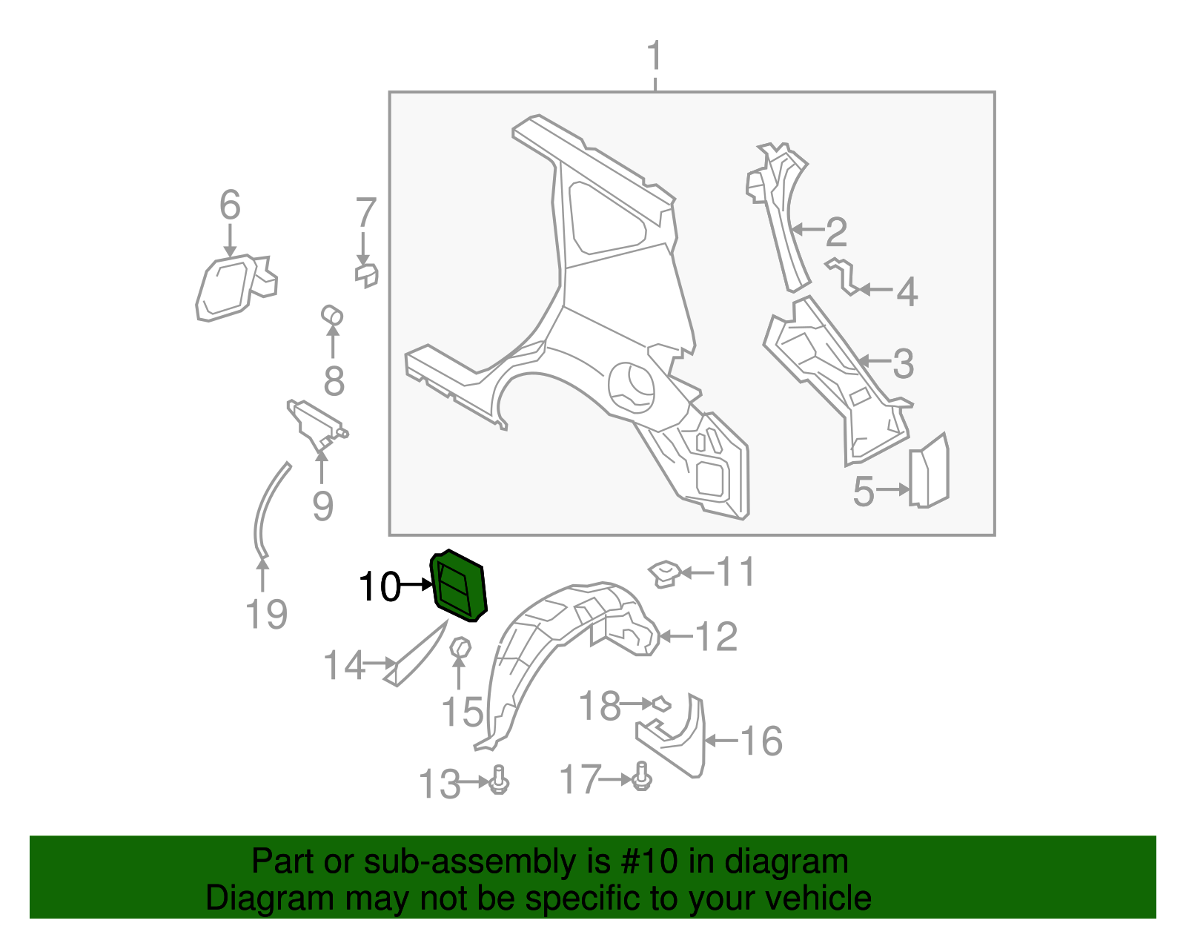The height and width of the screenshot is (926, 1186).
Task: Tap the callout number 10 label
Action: [379, 587]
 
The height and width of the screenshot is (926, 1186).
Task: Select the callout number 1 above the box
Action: [654, 56]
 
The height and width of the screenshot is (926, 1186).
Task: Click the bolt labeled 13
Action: [500, 780]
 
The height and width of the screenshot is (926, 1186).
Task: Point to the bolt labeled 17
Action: [642, 776]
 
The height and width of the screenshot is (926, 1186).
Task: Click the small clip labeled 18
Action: [660, 703]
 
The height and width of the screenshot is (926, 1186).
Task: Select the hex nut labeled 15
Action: [460, 647]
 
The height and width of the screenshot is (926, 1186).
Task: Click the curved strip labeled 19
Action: [264, 512]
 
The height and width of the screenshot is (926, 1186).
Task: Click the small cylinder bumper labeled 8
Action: [332, 315]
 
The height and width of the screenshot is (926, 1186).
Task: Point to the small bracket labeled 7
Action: [366, 275]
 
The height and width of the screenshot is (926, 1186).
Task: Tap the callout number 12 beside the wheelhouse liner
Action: [716, 637]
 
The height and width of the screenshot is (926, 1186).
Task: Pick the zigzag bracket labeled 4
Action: [844, 276]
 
